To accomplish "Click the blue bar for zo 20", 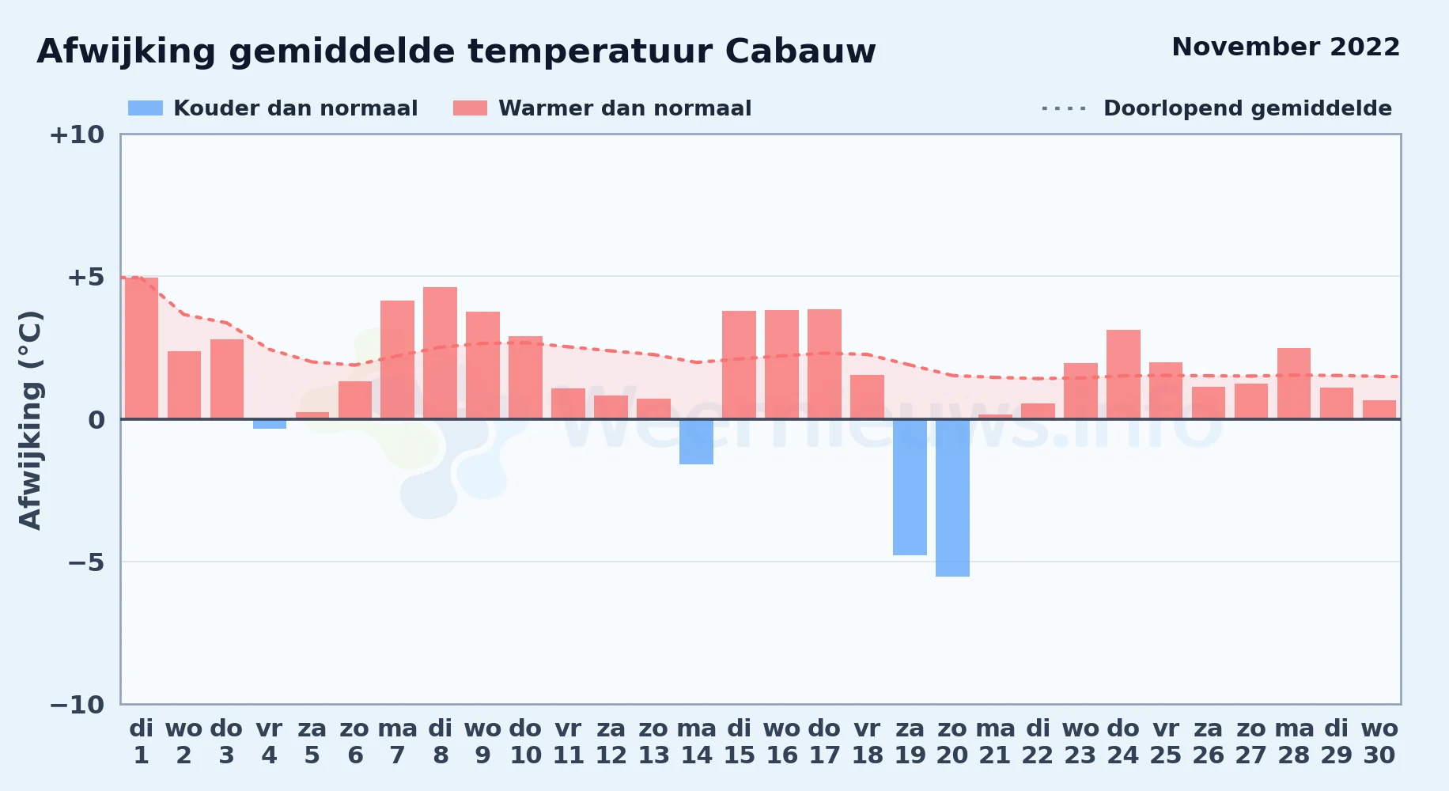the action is [952, 498].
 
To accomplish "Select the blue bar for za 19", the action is [910, 487].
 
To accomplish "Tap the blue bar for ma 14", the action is [696, 441].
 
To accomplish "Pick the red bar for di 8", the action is [440, 353].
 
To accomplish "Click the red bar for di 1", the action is [142, 348].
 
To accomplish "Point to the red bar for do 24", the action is [1123, 374].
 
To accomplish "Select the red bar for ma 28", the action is [1294, 384].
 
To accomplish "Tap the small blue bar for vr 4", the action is [270, 424].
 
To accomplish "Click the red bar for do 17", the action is [824, 364].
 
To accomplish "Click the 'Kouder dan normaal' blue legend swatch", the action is [146, 108].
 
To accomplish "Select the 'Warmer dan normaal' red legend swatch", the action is [471, 108].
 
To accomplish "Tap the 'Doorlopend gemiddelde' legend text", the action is [1247, 108].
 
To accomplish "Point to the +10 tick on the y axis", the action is [77, 134].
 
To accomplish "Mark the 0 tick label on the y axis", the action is [96, 420].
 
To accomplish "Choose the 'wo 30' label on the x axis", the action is [1379, 742].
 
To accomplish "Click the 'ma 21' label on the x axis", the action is [995, 742].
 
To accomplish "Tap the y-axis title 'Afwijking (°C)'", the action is [30, 420].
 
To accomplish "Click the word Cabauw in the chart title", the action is [800, 51].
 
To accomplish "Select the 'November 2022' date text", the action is [1286, 47].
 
